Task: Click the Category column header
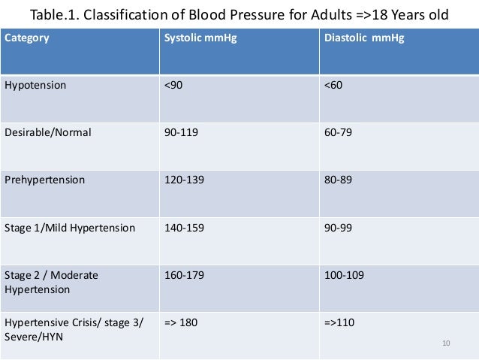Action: point(28,38)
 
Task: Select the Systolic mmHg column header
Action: point(200,38)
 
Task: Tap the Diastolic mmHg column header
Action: point(363,38)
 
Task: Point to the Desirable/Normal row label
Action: point(48,132)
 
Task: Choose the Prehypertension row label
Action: point(45,180)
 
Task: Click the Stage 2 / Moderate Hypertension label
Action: point(52,282)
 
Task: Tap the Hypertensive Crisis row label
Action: point(73,329)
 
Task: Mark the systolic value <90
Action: point(173,85)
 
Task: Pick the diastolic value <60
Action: point(333,85)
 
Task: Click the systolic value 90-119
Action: point(180,132)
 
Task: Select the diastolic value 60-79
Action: point(338,132)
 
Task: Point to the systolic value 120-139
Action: point(183,180)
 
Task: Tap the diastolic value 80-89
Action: point(338,180)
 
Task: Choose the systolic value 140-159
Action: point(183,228)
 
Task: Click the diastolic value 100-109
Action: point(344,276)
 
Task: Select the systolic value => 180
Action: point(181,323)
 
